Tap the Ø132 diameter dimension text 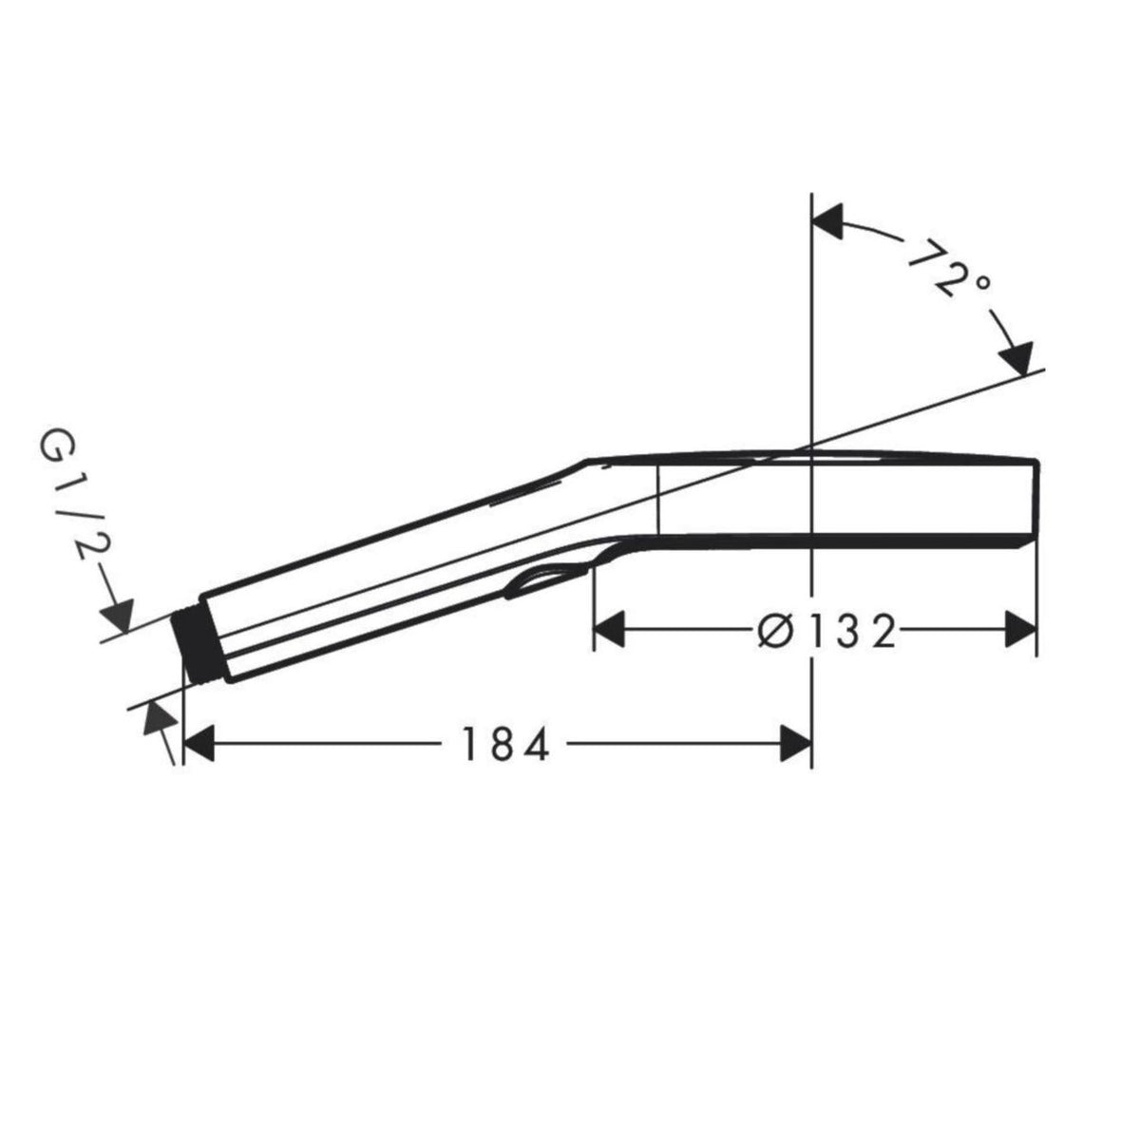point(826,630)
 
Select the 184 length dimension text point(505,744)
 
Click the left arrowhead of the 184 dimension point(199,744)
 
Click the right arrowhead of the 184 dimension point(796,744)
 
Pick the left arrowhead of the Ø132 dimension point(609,630)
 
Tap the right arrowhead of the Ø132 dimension point(1021,630)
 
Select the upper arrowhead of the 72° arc point(827,221)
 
